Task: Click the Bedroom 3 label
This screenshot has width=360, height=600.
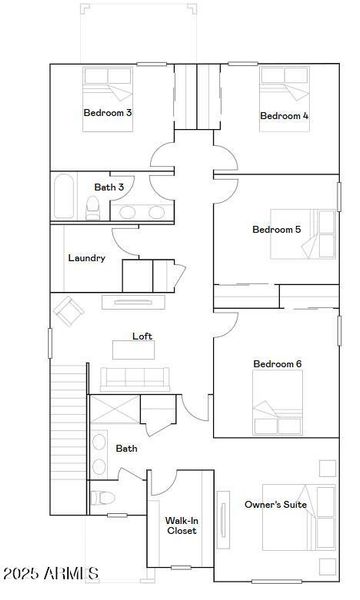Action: coord(108,113)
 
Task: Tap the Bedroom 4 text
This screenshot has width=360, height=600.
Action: coord(284,116)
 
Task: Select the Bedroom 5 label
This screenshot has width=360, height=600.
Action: coord(277,230)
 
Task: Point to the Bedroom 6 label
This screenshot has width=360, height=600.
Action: coord(277,364)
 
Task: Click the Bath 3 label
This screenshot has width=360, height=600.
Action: coord(109,187)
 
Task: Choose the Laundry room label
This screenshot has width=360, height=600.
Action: coord(87,258)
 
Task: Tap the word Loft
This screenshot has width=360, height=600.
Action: coord(143,337)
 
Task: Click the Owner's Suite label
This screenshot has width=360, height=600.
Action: coord(276,506)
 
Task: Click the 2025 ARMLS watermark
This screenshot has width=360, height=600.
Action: coord(50,574)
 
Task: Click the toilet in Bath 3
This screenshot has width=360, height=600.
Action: coord(92,207)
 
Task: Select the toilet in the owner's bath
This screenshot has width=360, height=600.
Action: coord(102,497)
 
